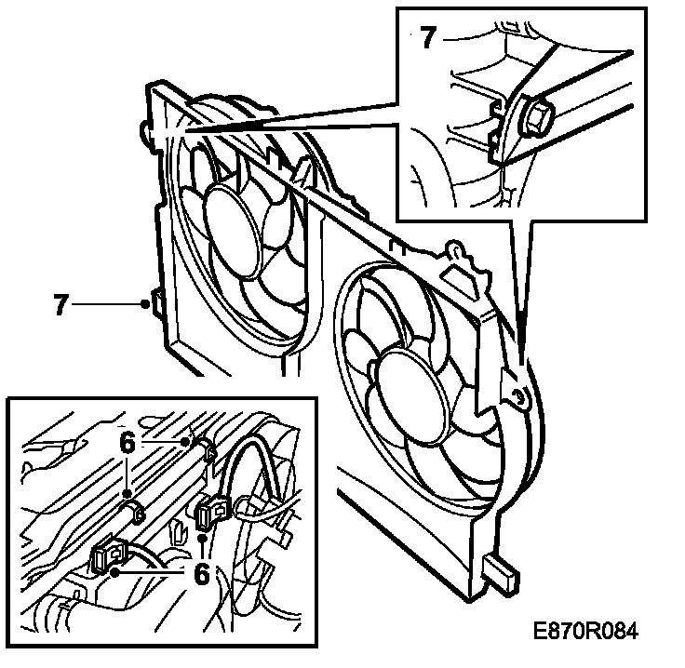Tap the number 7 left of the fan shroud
tap(61, 305)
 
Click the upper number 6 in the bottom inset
tap(128, 445)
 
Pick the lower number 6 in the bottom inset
tap(201, 574)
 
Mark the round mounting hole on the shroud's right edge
tap(519, 399)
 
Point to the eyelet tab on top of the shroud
tap(455, 248)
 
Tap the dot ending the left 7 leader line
tap(144, 304)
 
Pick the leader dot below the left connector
tap(114, 574)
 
